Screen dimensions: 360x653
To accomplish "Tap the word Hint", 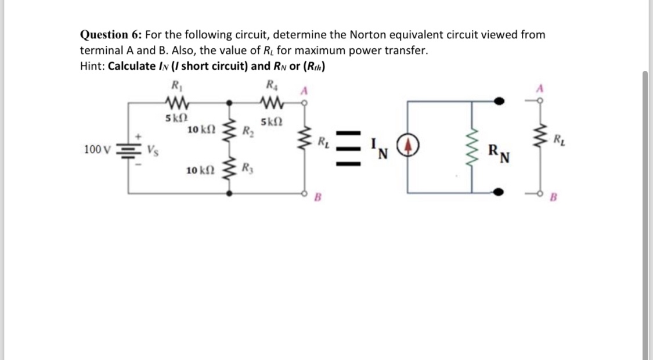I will [92, 66].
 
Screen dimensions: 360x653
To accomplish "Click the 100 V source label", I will [96, 149].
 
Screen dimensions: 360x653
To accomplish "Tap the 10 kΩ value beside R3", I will [197, 171].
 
